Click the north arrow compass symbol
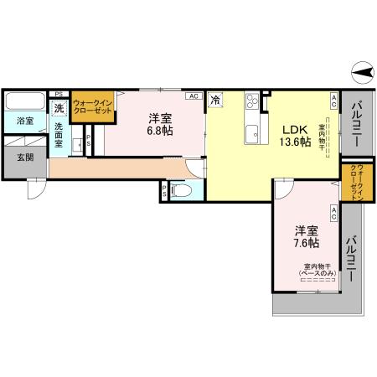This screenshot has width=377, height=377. click(362, 75)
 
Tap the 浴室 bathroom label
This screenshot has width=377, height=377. click(25, 121)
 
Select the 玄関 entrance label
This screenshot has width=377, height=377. click(24, 157)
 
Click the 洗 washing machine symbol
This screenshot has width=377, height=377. click(59, 108)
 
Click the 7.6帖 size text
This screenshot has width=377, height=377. click(306, 243)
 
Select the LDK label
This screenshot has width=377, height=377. click(294, 129)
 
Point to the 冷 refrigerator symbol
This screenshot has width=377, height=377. click(215, 99)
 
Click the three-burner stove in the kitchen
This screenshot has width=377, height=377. click(253, 104)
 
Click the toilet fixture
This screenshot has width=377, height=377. click(185, 192)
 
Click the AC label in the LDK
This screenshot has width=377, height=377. click(334, 101)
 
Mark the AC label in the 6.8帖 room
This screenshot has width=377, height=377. click(194, 96)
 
